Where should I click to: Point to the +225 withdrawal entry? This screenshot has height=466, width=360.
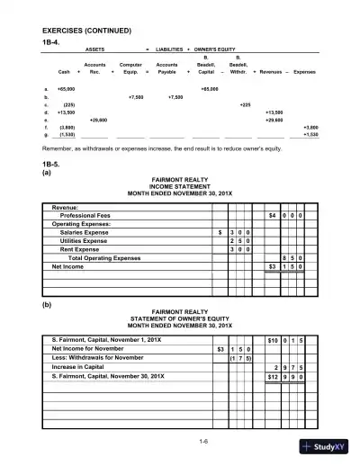[x=244, y=104]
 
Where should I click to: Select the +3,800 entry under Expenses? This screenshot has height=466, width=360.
[x=310, y=128]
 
